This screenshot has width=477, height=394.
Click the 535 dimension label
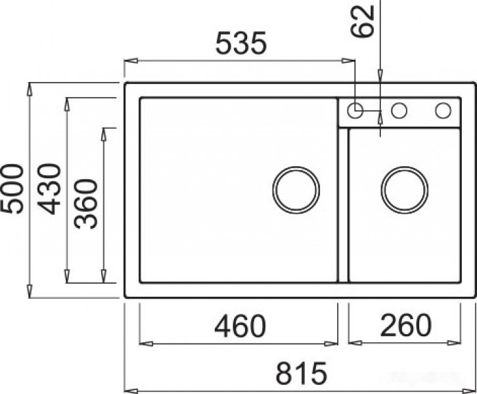241,44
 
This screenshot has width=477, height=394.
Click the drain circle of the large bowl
296,189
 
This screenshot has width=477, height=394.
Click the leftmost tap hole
355,110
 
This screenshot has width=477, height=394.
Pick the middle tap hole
398,110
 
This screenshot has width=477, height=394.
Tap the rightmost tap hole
442,110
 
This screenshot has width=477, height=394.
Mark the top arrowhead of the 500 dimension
31,87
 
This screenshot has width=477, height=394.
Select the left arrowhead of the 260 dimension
352,342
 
